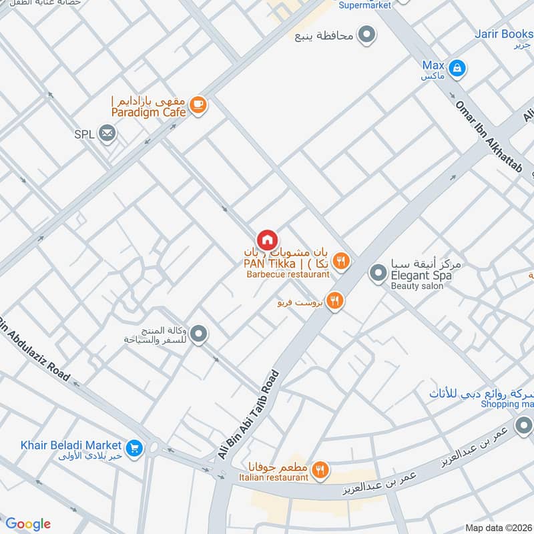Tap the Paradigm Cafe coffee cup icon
(198, 105)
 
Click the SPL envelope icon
(107, 134)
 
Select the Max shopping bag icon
(457, 67)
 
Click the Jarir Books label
(503, 33)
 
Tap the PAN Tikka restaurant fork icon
(340, 262)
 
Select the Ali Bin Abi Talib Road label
(248, 414)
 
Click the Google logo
(27, 524)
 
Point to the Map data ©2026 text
(497, 527)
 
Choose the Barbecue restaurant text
(287, 274)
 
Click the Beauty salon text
(417, 286)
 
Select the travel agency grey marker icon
(198, 335)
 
